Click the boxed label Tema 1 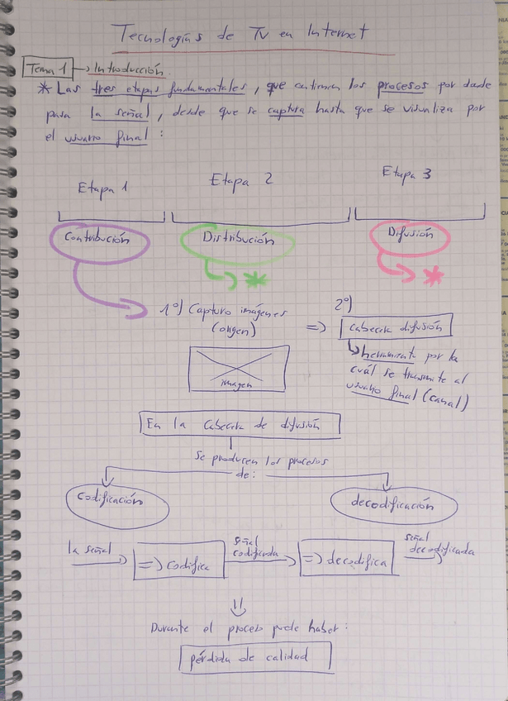coord(48,69)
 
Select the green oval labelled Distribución coord(236,241)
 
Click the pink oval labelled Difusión coord(410,236)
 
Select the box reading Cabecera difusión coord(396,328)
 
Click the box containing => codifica coord(180,564)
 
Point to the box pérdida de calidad coord(255,658)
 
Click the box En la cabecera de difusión coord(240,425)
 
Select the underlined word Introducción coord(133,70)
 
